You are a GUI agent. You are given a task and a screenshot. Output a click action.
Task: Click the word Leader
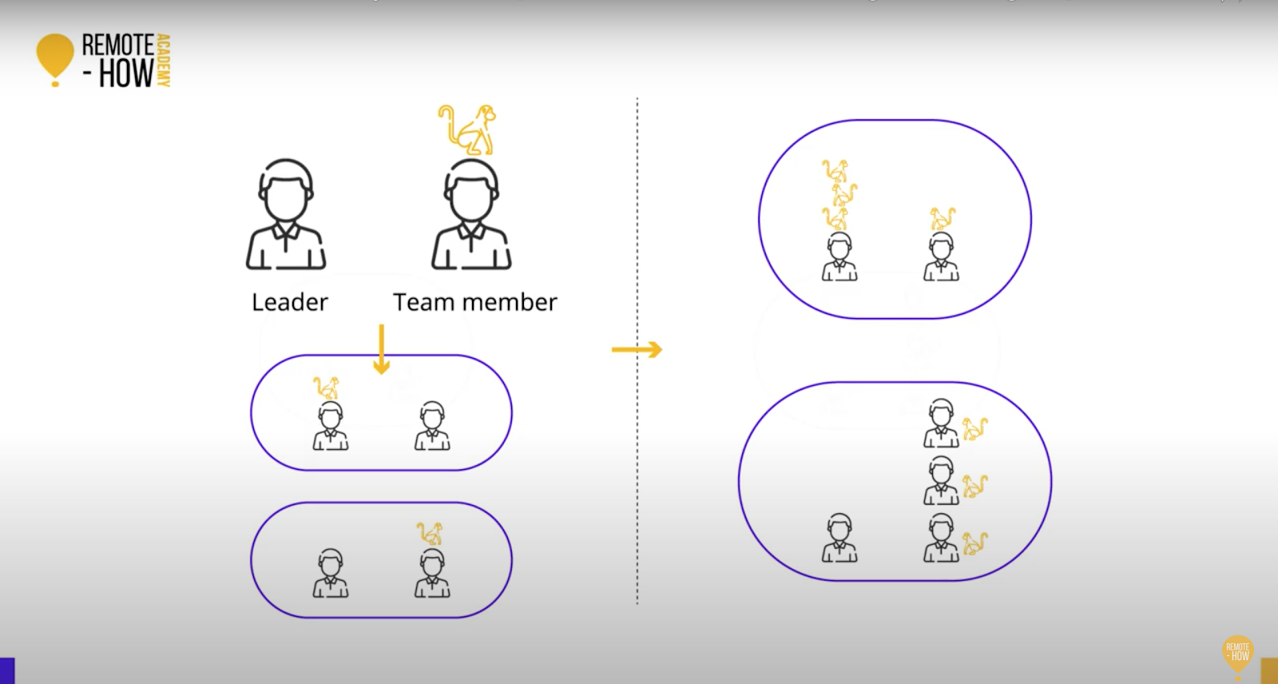click(289, 302)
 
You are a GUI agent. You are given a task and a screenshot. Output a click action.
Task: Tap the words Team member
click(474, 302)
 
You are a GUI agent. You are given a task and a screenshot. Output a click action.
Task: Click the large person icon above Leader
click(286, 214)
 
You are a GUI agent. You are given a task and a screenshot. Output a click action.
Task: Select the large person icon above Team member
click(471, 214)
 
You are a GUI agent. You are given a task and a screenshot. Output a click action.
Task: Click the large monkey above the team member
click(468, 129)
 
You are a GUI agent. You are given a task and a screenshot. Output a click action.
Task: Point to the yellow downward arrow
click(381, 349)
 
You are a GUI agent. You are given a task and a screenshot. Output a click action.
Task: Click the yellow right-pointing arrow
click(637, 349)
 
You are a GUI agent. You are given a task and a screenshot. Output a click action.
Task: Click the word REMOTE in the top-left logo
click(117, 45)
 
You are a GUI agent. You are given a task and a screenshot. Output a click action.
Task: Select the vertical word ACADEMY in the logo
click(163, 60)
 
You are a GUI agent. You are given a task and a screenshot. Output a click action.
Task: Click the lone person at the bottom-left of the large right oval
click(839, 538)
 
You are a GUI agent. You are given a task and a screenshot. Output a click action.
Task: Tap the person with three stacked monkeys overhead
click(839, 256)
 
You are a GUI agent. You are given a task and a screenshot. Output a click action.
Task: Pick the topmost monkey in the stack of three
click(835, 170)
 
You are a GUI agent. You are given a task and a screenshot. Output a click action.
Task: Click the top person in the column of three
click(941, 424)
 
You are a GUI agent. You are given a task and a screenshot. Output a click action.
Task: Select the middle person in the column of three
click(941, 480)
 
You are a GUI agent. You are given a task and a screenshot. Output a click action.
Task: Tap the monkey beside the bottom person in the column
click(975, 543)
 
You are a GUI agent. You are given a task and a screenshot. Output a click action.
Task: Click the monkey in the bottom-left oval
click(430, 533)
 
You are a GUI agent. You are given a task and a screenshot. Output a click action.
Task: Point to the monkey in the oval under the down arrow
click(326, 388)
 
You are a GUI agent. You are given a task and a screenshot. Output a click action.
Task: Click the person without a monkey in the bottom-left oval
click(330, 573)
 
